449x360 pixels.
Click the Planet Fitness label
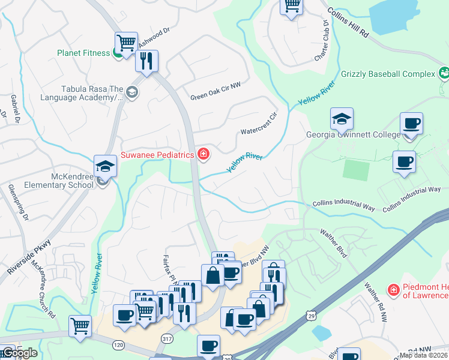pyautogui.click(x=83, y=53)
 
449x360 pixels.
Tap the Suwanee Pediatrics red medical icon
pyautogui.click(x=203, y=155)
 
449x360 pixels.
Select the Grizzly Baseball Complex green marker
pyautogui.click(x=444, y=74)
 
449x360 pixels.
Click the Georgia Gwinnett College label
pyautogui.click(x=353, y=134)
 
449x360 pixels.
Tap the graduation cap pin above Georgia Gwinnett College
pyautogui.click(x=342, y=119)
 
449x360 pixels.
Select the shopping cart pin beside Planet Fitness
pyautogui.click(x=126, y=43)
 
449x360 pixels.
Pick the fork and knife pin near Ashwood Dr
pyautogui.click(x=146, y=60)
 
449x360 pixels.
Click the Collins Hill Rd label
pyautogui.click(x=348, y=23)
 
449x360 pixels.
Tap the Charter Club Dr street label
pyautogui.click(x=322, y=41)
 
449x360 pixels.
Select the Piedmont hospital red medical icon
pyautogui.click(x=394, y=291)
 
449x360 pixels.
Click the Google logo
pyautogui.click(x=19, y=352)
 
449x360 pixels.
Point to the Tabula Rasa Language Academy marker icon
pyautogui.click(x=132, y=92)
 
